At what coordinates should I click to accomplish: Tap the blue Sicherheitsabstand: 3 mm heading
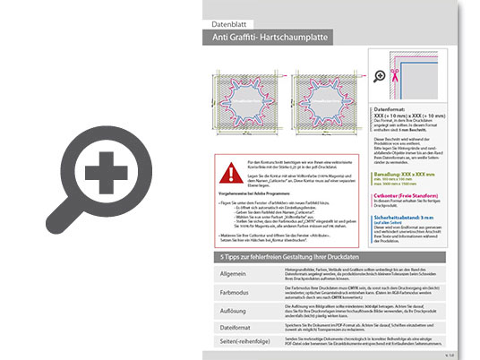click(x=407, y=216)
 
